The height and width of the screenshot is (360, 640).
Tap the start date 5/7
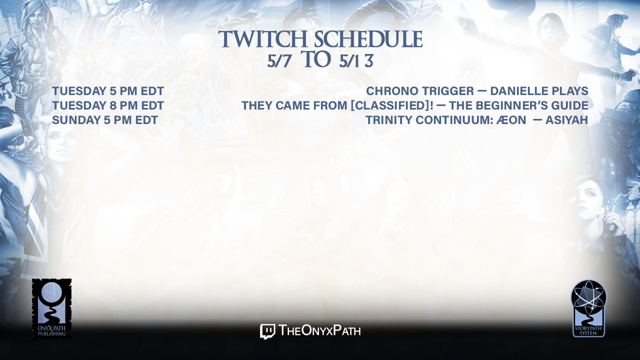point(279,61)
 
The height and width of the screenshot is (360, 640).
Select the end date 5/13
point(356,61)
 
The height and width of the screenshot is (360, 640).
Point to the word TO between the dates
point(316,59)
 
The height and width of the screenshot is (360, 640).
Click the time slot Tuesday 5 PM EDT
point(108,91)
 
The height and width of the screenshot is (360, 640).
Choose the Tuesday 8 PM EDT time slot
point(108,105)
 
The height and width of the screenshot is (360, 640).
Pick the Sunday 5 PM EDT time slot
point(105,120)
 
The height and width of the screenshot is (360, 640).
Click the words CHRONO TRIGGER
point(420,91)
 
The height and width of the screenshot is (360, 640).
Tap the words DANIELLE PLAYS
point(539,91)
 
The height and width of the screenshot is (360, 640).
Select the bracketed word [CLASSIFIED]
point(389,105)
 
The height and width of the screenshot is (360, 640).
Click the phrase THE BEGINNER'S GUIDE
point(518,105)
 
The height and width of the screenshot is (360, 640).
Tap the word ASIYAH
point(567,120)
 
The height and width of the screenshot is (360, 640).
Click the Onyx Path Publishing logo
point(51,308)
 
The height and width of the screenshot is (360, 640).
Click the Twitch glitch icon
point(267,331)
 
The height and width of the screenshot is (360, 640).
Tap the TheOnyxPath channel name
point(319,331)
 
